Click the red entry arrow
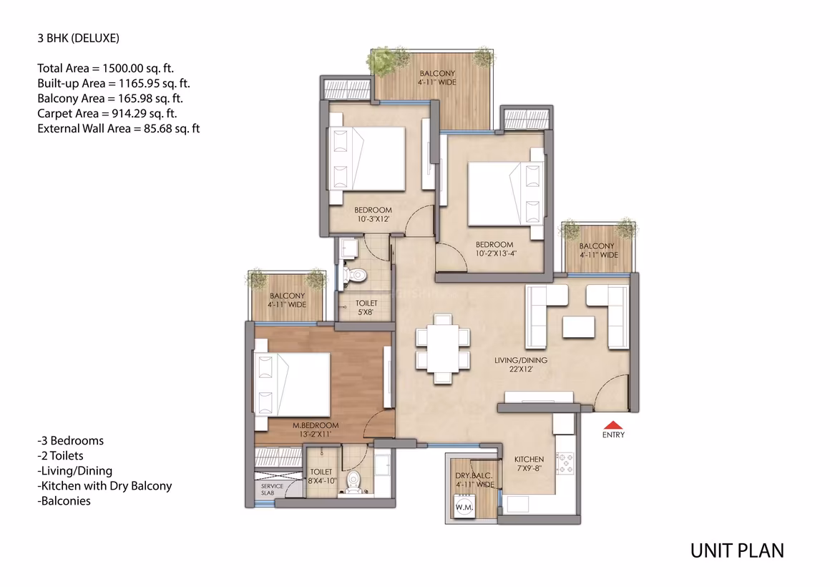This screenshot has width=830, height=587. tap(613, 425)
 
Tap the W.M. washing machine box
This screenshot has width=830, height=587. tap(464, 507)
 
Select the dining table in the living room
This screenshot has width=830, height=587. tap(443, 349)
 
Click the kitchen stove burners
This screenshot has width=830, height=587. tap(565, 462)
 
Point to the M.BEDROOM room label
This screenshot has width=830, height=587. tap(316, 425)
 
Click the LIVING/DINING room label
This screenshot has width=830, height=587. tap(521, 360)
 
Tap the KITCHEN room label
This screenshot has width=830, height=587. tap(529, 460)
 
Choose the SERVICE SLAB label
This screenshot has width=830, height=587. tap(272, 489)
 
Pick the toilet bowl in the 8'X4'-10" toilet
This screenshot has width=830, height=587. tap(353, 481)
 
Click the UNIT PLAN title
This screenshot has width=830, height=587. tap(737, 551)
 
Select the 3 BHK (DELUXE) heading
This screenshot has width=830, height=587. tap(78, 38)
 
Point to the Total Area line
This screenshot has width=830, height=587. tap(105, 68)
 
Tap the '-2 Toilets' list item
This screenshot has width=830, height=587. tap(60, 455)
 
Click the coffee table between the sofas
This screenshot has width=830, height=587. tap(579, 327)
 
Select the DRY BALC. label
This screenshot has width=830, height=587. tap(474, 476)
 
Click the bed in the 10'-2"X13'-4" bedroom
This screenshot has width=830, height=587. tap(506, 195)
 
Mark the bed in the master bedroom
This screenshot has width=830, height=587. tap(292, 384)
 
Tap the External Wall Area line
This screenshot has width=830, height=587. tap(119, 129)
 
